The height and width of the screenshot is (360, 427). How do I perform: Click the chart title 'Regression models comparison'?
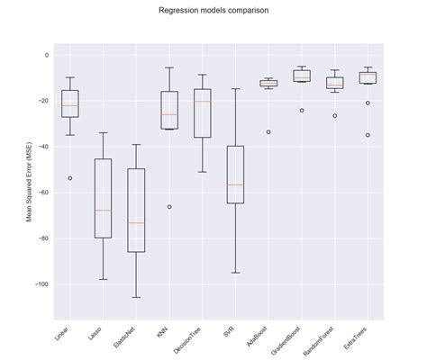tap(213, 12)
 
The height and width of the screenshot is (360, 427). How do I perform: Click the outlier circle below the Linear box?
tap(69, 178)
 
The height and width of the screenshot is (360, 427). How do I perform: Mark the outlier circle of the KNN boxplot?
tap(169, 207)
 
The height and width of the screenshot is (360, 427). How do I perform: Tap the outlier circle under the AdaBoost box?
tap(268, 132)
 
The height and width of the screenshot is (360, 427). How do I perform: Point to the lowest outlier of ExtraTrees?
tap(368, 135)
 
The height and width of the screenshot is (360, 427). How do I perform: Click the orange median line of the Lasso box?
tap(103, 210)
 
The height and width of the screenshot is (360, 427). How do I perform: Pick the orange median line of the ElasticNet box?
tap(136, 222)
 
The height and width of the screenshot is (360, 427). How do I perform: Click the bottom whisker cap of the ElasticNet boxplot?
tap(136, 297)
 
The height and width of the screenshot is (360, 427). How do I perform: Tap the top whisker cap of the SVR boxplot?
tap(235, 89)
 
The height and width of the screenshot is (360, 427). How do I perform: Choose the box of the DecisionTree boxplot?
tap(202, 113)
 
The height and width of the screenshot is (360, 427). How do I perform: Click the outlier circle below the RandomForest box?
tap(334, 116)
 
